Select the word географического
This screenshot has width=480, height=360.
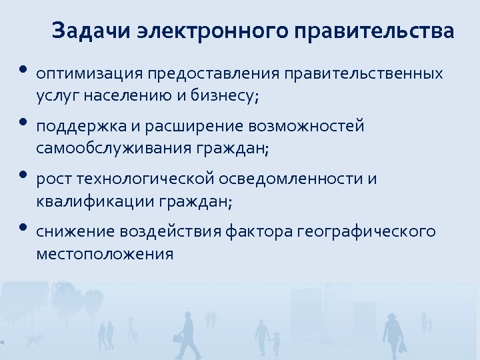click(366, 231)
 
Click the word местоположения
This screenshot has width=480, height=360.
click(105, 254)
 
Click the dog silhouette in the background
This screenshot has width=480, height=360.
click(31, 340)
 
